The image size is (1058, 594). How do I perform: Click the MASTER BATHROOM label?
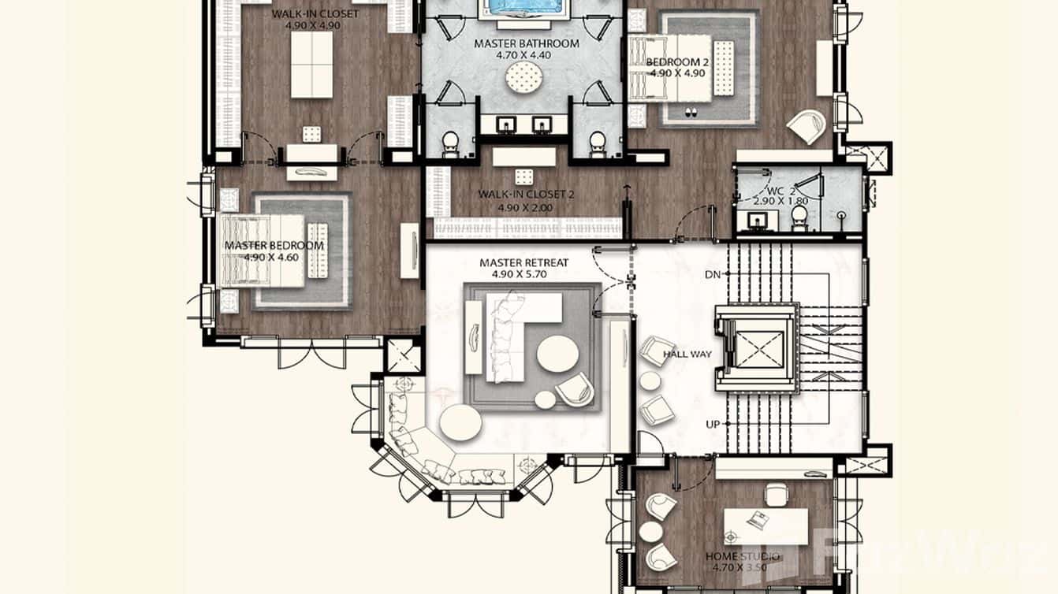[526, 44]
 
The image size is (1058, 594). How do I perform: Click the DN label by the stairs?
[712, 274]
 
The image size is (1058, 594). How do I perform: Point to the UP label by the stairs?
[713, 425]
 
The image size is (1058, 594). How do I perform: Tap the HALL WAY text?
[687, 355]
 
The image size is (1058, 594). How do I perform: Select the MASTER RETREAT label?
[523, 262]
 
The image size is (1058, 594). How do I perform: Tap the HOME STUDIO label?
[742, 558]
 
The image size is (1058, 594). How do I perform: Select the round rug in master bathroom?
[524, 78]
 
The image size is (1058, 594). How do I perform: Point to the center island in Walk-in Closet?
[311, 66]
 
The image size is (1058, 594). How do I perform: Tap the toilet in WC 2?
[799, 216]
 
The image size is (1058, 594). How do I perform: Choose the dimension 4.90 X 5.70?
[523, 275]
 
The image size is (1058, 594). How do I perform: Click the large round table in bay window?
[460, 424]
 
